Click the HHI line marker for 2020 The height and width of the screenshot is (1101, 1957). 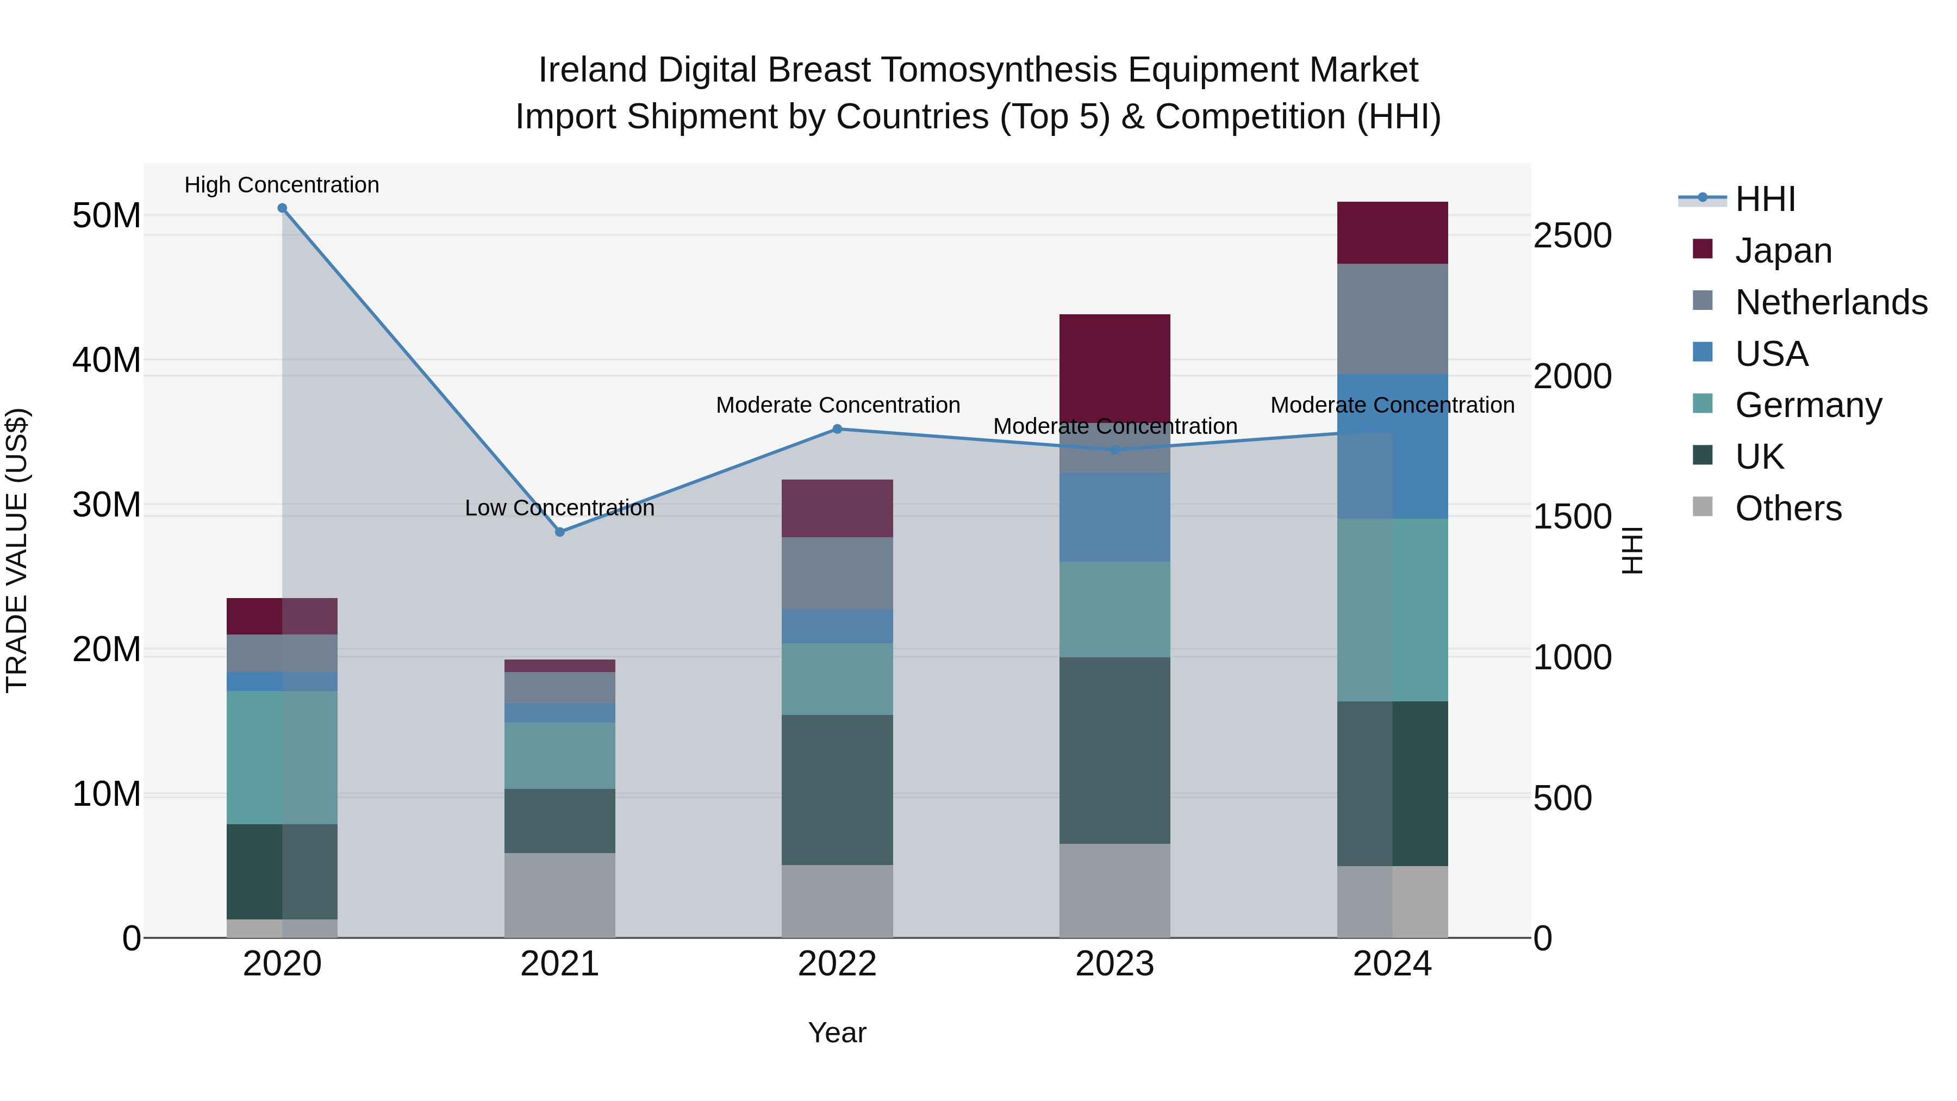(x=282, y=208)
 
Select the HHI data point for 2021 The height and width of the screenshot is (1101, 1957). (x=560, y=532)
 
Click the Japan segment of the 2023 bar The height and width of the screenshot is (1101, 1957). (x=1114, y=369)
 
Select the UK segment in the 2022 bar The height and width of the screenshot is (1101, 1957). (x=837, y=789)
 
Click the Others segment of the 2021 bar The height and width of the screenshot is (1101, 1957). (x=560, y=895)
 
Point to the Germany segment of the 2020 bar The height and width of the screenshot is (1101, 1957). (x=282, y=757)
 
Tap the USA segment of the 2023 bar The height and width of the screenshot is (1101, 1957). (x=1114, y=518)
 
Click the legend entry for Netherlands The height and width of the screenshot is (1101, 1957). (x=1831, y=302)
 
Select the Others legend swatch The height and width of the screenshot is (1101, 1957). (x=1703, y=507)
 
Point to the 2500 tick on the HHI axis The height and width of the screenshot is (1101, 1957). (x=1572, y=235)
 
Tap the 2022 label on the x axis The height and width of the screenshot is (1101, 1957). (x=837, y=964)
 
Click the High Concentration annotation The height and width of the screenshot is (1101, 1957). (x=282, y=185)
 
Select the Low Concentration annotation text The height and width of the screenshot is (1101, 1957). (x=560, y=508)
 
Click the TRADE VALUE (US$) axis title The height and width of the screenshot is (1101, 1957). (x=17, y=550)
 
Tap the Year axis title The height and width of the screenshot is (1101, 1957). (x=837, y=1032)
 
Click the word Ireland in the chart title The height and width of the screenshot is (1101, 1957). (x=593, y=70)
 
